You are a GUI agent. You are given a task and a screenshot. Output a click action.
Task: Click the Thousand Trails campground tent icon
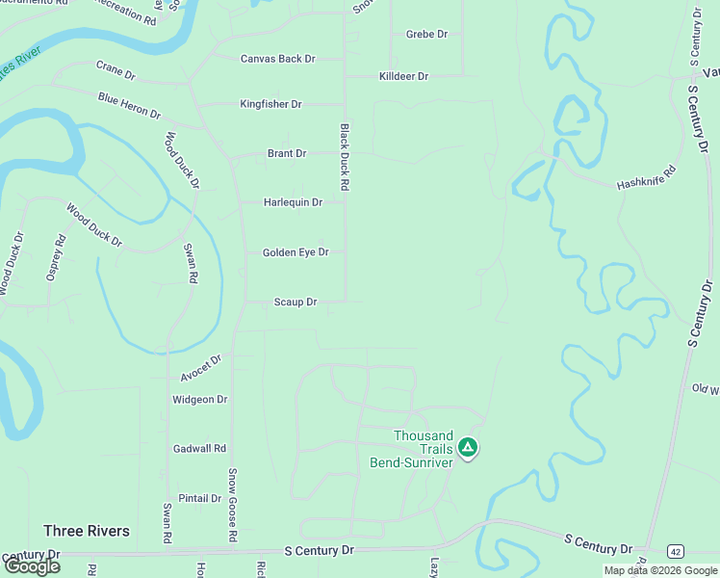467,447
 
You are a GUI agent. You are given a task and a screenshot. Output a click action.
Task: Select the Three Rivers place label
87,531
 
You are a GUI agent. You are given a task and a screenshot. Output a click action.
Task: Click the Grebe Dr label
426,35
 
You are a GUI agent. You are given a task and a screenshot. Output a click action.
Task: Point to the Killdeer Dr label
403,76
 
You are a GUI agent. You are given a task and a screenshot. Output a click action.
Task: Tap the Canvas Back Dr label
277,59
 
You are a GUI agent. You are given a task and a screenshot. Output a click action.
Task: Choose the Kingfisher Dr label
270,104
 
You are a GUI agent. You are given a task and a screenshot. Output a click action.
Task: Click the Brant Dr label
287,153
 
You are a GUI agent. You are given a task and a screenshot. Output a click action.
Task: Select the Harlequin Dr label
293,202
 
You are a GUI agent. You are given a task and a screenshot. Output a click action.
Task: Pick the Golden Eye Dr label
296,252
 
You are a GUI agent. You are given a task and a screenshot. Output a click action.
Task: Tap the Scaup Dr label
296,302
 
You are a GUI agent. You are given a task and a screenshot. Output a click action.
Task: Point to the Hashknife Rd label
647,176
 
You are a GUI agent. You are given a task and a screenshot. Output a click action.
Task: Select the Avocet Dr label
201,367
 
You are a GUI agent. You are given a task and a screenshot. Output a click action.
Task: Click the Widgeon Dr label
199,400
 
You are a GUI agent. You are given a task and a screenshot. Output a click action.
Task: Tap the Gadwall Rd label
199,449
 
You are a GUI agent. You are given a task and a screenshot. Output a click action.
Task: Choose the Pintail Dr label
200,499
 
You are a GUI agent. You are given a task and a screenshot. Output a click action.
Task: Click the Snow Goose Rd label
232,505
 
